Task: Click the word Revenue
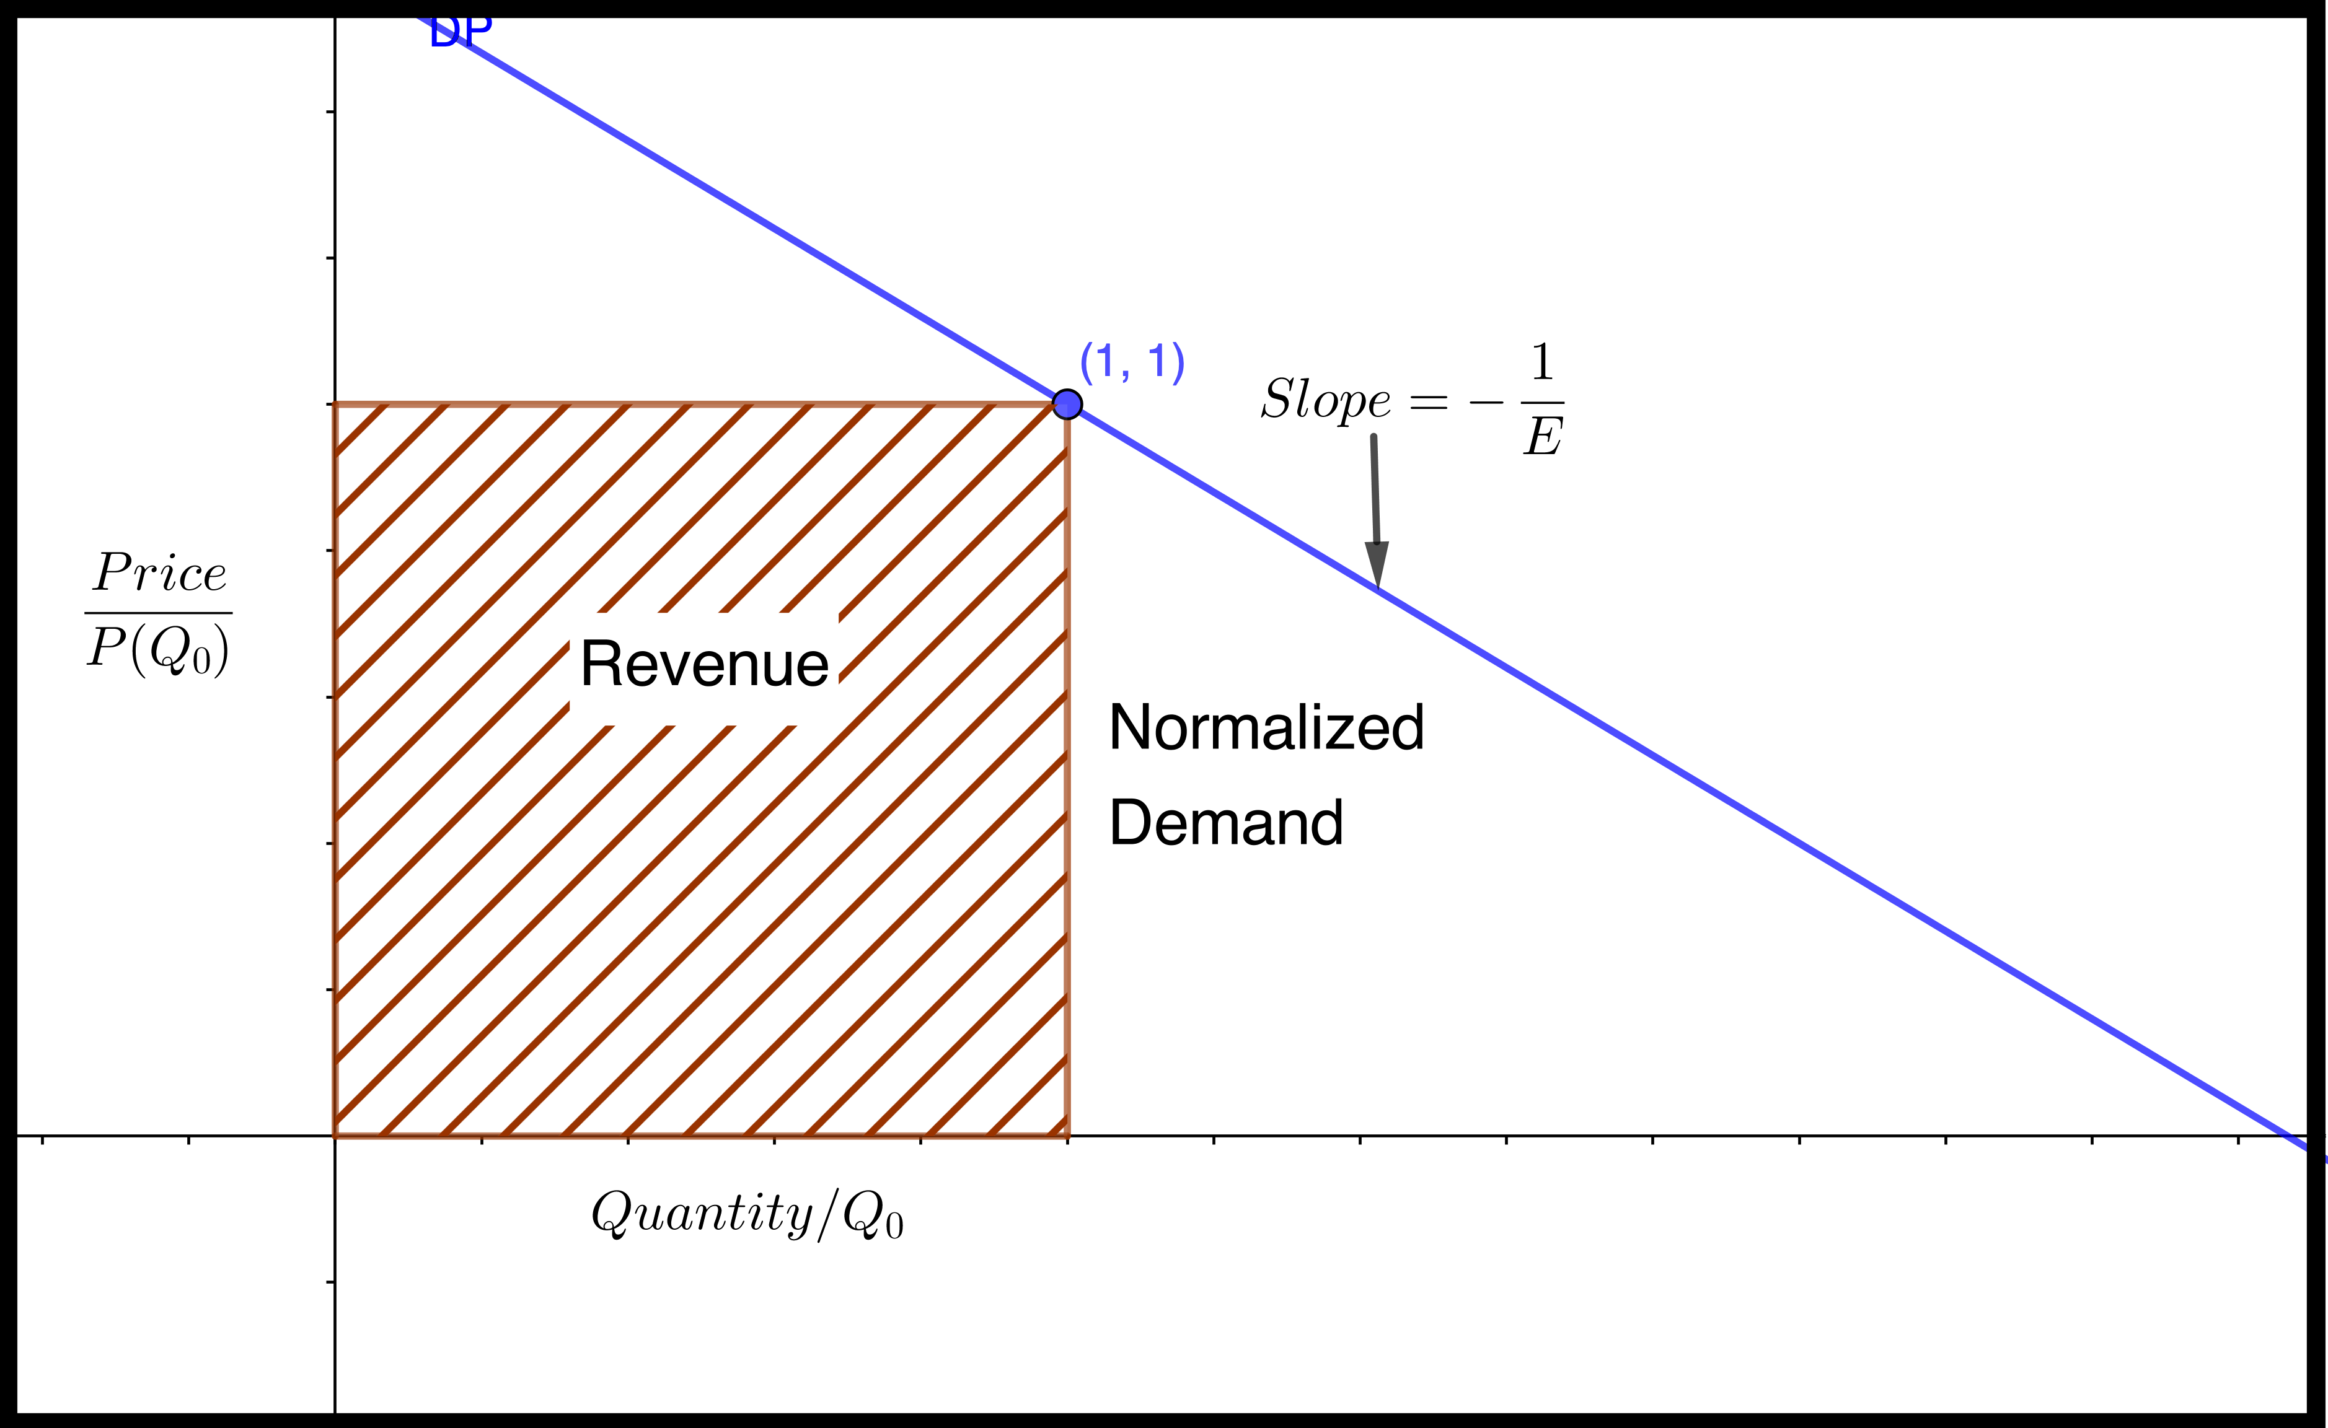[x=705, y=664]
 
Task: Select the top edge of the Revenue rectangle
[x=699, y=405]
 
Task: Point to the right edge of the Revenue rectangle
[x=1067, y=769]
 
